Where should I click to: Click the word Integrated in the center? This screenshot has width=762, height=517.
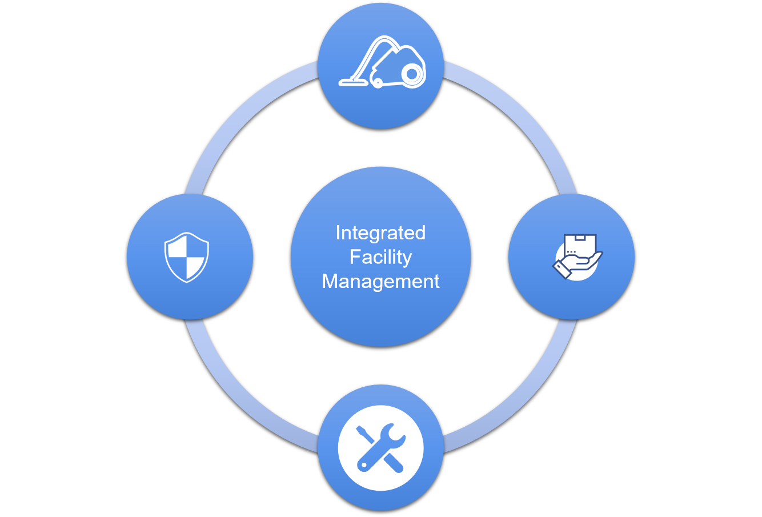point(380,233)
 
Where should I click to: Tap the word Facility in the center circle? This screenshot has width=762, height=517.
point(380,257)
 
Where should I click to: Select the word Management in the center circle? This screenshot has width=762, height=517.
point(380,281)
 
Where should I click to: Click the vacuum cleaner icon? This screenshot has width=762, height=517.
point(382,64)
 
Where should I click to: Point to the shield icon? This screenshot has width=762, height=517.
point(187,257)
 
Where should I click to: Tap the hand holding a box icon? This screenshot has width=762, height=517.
point(577,257)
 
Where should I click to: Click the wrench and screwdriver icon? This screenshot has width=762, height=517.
point(380,447)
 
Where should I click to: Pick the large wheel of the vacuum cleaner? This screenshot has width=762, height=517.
point(412,74)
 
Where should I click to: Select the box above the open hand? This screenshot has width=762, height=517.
point(580,245)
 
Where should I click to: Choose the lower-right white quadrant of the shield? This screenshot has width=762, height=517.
point(195,266)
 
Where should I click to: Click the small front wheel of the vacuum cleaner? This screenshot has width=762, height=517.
point(377,83)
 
